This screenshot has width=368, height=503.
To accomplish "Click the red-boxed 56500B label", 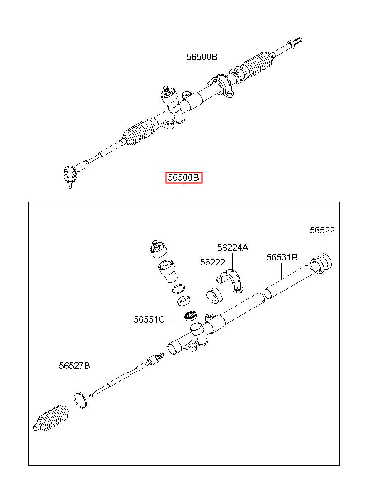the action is click(184, 178).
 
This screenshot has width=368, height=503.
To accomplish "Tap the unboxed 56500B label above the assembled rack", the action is click(202, 57).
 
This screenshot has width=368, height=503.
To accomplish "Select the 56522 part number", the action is click(322, 231).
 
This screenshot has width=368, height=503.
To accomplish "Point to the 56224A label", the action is click(233, 248).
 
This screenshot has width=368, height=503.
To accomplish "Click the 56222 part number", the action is click(213, 262).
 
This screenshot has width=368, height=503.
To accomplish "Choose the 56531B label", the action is click(282, 257).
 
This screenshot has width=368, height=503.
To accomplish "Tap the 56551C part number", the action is click(149, 319).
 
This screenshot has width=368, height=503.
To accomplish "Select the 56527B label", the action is click(74, 366).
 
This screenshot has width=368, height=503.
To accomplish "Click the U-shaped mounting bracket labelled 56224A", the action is click(230, 281).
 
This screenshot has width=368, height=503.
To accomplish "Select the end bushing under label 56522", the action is click(321, 263).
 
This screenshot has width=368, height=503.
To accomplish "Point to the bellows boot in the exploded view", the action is click(51, 418).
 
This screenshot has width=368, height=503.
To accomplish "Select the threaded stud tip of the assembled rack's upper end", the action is click(297, 41).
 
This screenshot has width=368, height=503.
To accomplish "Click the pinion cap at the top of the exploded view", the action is click(158, 249).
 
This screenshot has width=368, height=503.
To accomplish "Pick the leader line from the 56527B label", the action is click(76, 383).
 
